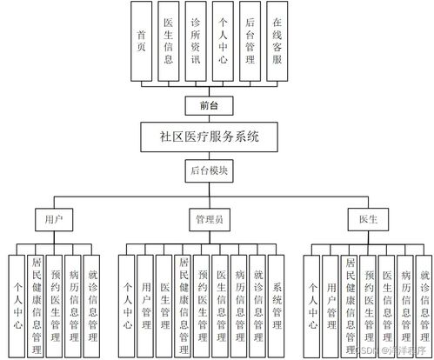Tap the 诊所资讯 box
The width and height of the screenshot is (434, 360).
click(197, 41)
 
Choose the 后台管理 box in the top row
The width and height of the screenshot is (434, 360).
click(250, 41)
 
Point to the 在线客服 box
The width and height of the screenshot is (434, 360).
click(277, 41)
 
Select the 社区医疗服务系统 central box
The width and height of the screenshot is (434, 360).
click(210, 137)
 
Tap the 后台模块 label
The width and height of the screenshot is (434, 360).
click(210, 171)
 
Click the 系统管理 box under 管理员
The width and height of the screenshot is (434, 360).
click(278, 304)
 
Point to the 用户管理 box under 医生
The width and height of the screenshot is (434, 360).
click(331, 304)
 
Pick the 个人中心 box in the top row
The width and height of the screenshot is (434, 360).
click(224, 41)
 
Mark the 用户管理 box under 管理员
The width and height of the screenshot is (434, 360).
click(146, 304)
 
